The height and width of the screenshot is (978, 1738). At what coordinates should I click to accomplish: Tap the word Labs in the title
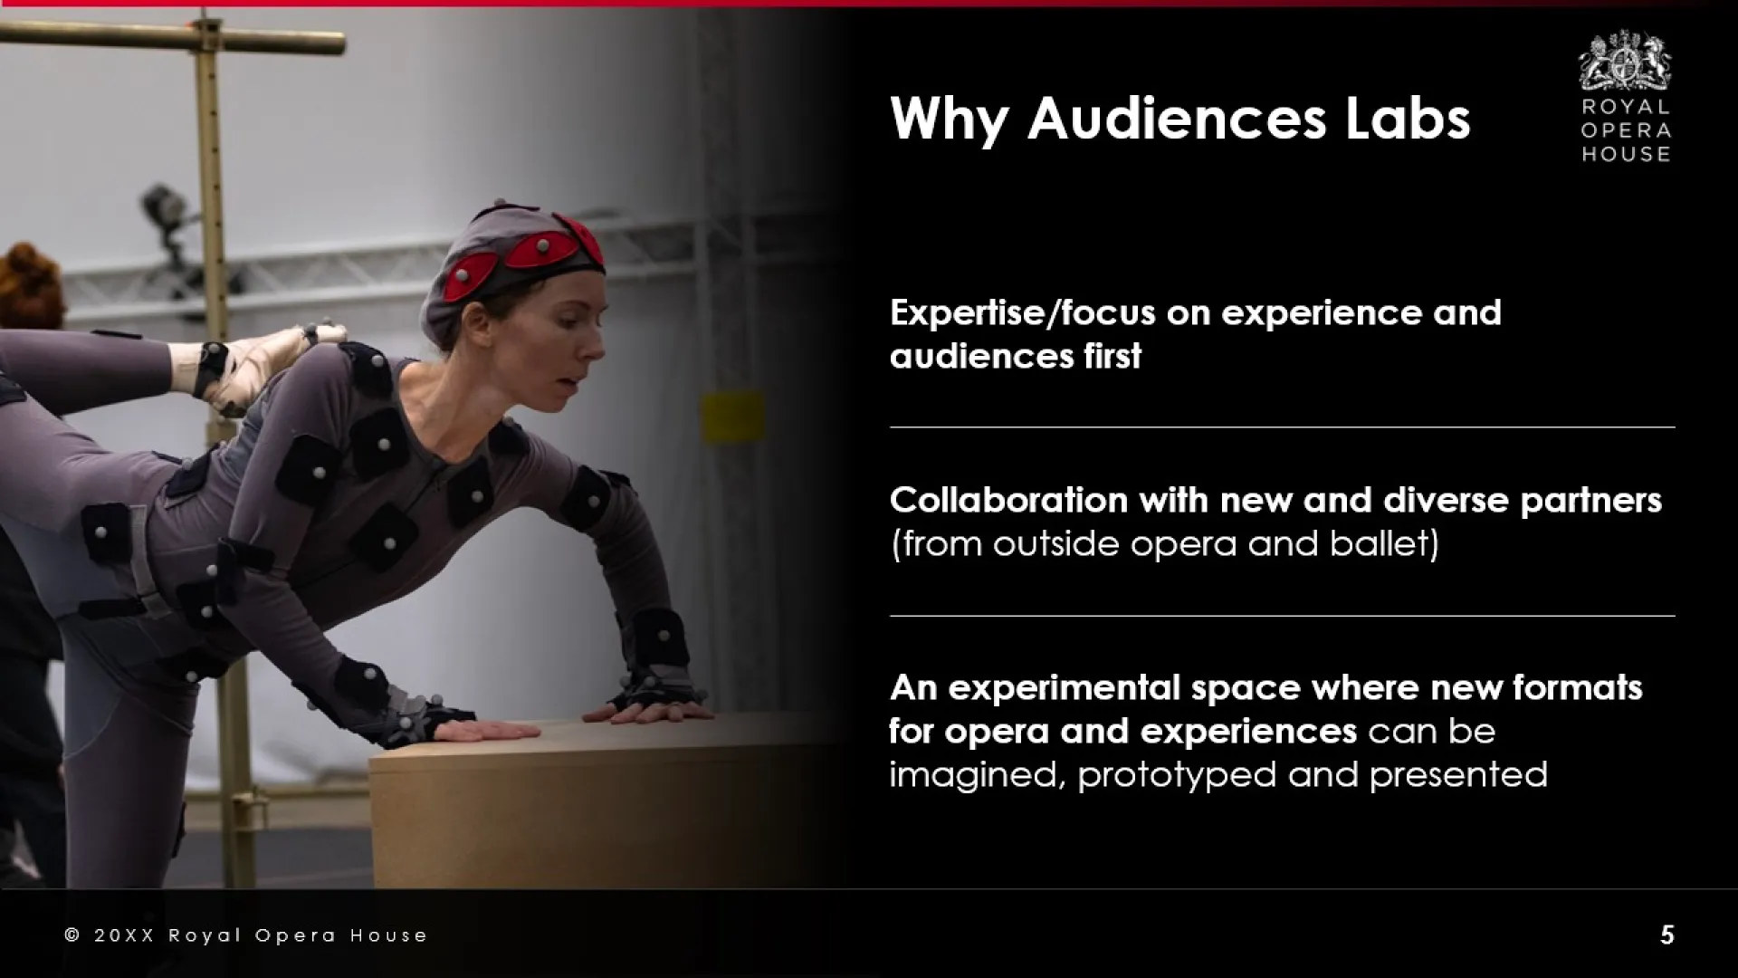click(1408, 119)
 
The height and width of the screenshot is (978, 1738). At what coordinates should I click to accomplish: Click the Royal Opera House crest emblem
click(1626, 61)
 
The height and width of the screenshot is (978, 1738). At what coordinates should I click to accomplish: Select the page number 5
click(1667, 935)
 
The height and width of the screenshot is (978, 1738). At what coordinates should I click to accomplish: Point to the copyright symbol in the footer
click(72, 935)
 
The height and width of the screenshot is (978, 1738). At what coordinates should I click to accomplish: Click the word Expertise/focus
click(1022, 313)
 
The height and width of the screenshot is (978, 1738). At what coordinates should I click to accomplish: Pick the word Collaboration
click(1008, 500)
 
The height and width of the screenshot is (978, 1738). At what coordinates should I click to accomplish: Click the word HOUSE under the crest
click(1626, 154)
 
